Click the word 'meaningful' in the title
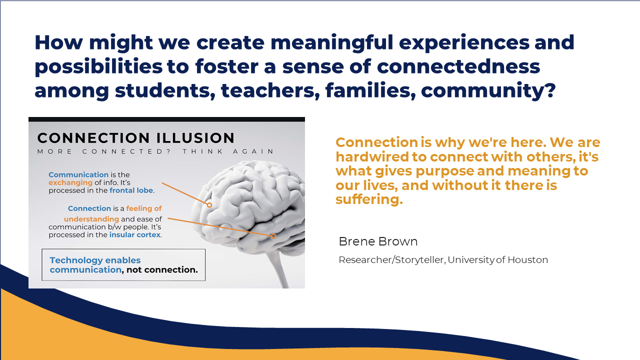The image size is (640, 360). pos(331,43)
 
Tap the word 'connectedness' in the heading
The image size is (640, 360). pos(458,66)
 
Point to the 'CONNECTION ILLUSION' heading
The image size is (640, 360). pos(135,138)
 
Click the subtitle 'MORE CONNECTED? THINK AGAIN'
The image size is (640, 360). pos(155,151)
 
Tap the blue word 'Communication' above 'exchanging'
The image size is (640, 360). pos(78,174)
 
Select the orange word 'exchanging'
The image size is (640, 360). pos(70,182)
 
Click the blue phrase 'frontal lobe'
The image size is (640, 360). pos(131,190)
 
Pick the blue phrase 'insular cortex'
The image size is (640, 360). pos(135,234)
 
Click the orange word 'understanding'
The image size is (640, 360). pos(91,219)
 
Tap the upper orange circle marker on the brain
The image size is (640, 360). pos(209,205)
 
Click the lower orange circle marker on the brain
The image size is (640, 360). pos(273,236)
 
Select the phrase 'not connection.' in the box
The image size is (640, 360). pos(162,269)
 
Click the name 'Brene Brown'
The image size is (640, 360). pos(378,241)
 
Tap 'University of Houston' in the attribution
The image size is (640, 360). pos(497,259)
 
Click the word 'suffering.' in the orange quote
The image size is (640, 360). pos(369,199)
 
